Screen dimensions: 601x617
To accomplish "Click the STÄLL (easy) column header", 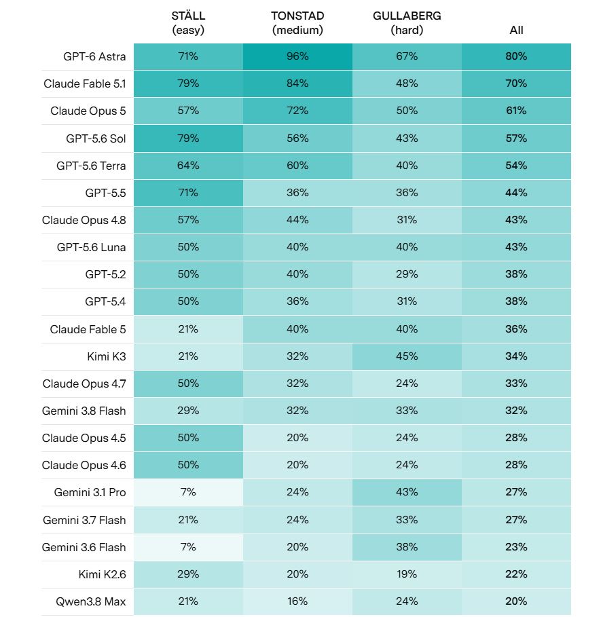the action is [x=188, y=23].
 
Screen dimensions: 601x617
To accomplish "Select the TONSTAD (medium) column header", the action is [x=297, y=23].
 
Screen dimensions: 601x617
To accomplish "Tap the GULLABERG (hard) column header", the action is [x=407, y=23].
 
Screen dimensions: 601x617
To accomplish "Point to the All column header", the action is [x=516, y=30].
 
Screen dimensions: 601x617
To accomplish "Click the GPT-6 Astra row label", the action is [x=94, y=56].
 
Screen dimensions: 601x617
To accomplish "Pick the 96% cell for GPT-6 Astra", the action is [x=297, y=56].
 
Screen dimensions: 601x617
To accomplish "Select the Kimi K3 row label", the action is [x=106, y=356].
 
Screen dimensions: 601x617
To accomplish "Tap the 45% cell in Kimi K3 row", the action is [x=407, y=356].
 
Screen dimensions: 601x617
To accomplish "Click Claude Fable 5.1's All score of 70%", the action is [x=516, y=83].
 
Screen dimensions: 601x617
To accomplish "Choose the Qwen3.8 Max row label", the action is [x=91, y=601].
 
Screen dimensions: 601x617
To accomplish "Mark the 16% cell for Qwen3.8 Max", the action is [x=297, y=601].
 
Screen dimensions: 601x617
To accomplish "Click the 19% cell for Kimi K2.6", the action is [x=407, y=574].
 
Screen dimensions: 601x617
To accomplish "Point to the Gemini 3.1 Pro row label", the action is [x=90, y=493].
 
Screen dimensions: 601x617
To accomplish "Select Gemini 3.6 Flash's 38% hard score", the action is [x=407, y=547].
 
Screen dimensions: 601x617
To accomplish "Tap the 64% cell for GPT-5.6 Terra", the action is [x=188, y=166].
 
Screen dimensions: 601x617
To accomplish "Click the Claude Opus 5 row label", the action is [x=88, y=111].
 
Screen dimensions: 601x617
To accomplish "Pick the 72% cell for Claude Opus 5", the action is [x=297, y=111].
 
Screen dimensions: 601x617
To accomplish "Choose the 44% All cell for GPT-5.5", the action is [x=516, y=193].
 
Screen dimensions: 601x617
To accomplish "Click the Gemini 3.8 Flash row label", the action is [x=84, y=411].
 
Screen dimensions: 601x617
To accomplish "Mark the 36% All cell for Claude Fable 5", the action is [x=516, y=329].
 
